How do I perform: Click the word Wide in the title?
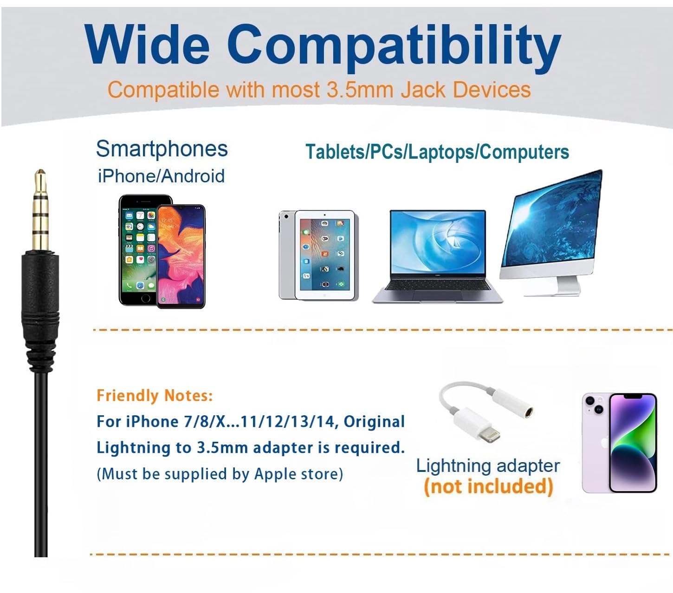coord(147,44)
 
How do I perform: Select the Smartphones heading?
coord(162,149)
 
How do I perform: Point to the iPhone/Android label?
coord(161,176)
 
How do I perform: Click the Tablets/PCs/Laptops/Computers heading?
coord(437,152)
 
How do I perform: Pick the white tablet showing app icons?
coord(324,255)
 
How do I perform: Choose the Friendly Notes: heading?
coord(155,395)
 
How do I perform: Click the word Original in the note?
coord(374,421)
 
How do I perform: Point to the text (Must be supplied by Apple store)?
coord(220,474)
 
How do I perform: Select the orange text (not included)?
coord(488,487)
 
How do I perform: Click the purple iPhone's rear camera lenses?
coord(595,405)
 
